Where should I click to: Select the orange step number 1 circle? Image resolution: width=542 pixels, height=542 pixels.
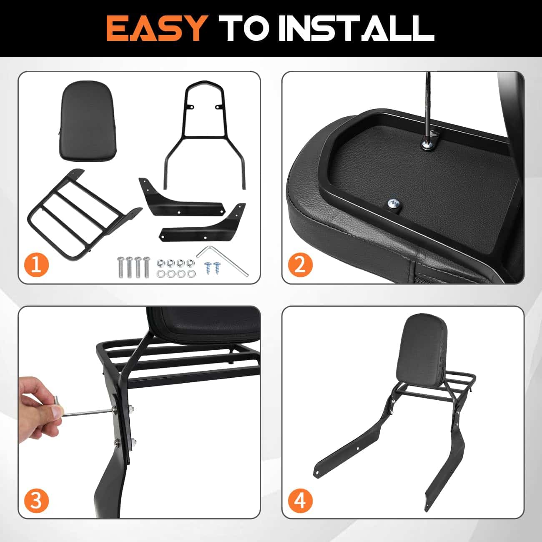pyautogui.click(x=36, y=265)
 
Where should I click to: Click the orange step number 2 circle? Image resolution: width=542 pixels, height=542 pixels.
pyautogui.click(x=300, y=265)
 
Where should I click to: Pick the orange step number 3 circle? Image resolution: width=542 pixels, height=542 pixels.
pyautogui.click(x=36, y=501)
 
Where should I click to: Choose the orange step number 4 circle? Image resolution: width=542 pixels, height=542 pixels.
pyautogui.click(x=300, y=501)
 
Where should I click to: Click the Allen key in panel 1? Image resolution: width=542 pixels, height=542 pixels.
pyautogui.click(x=222, y=260)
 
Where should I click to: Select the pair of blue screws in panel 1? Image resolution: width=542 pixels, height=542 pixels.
pyautogui.click(x=213, y=267)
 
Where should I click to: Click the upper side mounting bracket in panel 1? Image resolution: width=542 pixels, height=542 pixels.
pyautogui.click(x=181, y=197)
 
